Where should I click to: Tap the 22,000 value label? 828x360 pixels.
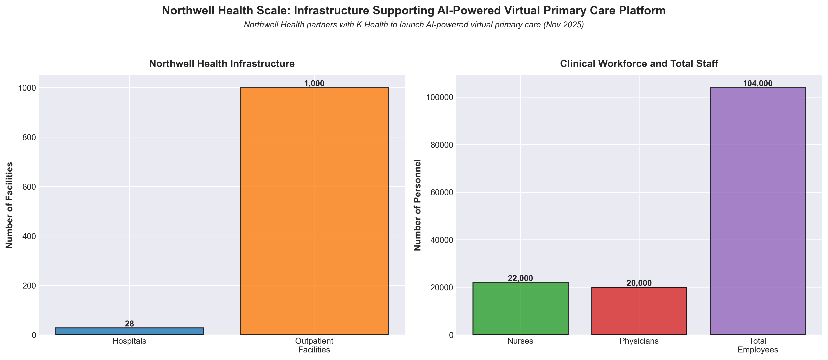[x=520, y=278]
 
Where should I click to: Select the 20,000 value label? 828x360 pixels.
[x=639, y=283]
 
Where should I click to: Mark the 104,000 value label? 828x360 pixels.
[x=758, y=84]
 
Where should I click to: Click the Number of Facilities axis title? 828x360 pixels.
[x=10, y=205]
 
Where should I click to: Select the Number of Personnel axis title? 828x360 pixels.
[x=417, y=205]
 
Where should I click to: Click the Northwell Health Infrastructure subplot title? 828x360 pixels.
[x=222, y=64]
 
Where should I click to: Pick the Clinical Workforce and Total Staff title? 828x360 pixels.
[x=639, y=64]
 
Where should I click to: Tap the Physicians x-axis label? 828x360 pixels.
[x=639, y=341]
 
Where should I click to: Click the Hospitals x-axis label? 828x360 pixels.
[x=129, y=341]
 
